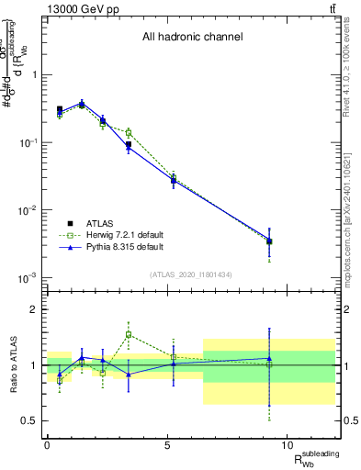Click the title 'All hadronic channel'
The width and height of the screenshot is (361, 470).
pyautogui.click(x=192, y=38)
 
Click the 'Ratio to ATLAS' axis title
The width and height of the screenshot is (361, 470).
pyautogui.click(x=13, y=365)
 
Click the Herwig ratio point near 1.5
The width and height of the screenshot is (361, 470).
pyautogui.click(x=130, y=335)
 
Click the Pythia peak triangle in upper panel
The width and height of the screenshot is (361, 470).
pyautogui.click(x=83, y=103)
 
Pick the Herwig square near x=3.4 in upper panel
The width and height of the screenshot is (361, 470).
pyautogui.click(x=130, y=133)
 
